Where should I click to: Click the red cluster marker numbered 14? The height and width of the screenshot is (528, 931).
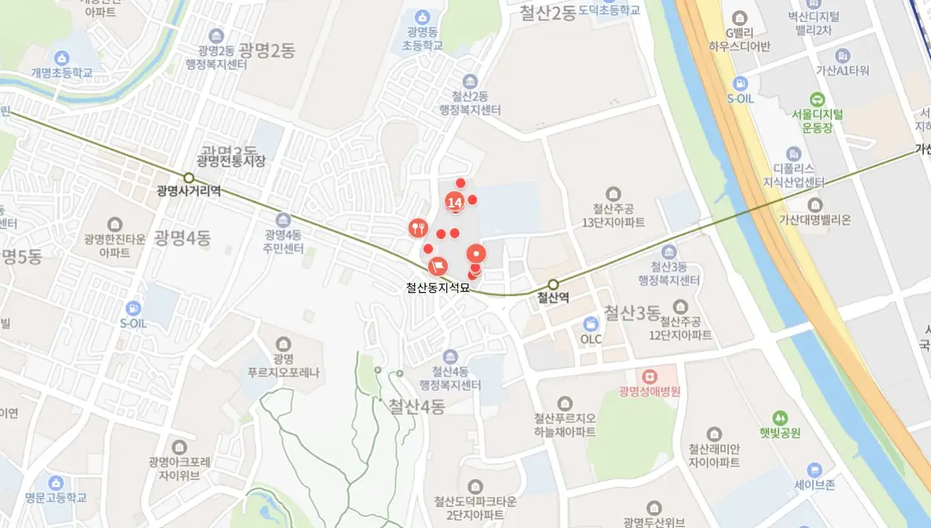(x=454, y=203)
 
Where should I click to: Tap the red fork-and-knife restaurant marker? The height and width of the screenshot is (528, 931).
(x=417, y=228)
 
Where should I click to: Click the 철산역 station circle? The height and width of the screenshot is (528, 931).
(x=554, y=284)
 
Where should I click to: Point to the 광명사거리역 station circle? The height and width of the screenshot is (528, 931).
(x=189, y=178)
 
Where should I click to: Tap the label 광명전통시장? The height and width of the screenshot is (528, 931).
(x=231, y=161)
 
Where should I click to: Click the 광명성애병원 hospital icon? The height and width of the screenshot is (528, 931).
(x=649, y=376)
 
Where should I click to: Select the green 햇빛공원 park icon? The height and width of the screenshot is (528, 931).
(x=779, y=417)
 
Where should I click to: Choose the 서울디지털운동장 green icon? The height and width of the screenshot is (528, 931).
(x=818, y=99)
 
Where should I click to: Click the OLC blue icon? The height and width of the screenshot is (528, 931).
(x=591, y=323)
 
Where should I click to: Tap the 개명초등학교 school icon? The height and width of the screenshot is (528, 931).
(x=62, y=57)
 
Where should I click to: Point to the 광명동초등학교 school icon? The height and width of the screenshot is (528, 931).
(x=423, y=16)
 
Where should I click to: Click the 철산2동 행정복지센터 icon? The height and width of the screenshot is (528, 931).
(x=470, y=82)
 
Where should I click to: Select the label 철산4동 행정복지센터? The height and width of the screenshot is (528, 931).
(x=449, y=378)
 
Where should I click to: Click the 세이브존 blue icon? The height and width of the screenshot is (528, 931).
(x=814, y=469)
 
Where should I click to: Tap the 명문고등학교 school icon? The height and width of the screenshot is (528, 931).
(x=55, y=482)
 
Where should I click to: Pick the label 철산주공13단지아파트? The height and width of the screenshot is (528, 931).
(x=613, y=215)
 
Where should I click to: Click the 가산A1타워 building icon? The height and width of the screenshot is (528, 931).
(x=843, y=56)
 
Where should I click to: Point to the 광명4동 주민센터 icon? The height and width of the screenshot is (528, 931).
(x=283, y=219)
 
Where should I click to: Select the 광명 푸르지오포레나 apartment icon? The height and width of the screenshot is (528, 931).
(x=283, y=343)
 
